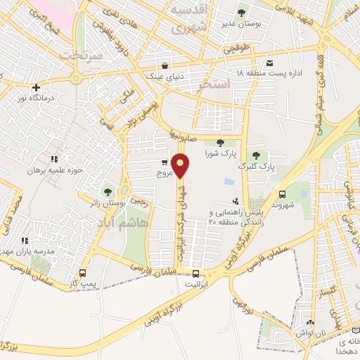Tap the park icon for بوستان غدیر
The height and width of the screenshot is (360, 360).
click(242, 12)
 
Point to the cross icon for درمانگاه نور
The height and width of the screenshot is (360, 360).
click(35, 87)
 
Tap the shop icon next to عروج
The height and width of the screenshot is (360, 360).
click(165, 162)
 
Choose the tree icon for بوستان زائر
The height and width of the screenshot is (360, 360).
click(108, 191)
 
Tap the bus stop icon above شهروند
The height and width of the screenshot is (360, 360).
click(283, 194)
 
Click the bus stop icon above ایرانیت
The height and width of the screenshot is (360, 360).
click(196, 274)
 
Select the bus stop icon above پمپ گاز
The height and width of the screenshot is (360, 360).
click(83, 273)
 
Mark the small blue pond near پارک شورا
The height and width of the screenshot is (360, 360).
click(229, 181)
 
